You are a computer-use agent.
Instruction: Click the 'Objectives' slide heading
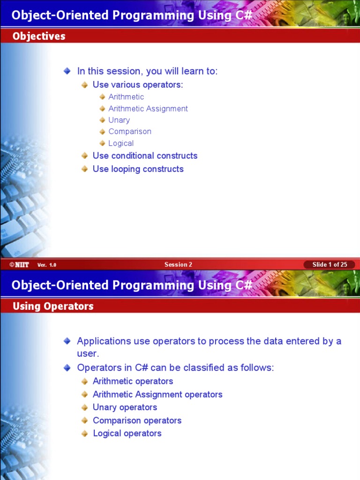39,36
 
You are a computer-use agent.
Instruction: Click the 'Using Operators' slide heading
53,306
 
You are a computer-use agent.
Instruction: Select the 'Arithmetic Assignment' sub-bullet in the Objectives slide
148,108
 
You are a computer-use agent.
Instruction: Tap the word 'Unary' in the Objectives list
119,120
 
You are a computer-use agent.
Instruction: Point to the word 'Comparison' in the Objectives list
130,132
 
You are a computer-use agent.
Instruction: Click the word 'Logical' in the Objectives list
121,143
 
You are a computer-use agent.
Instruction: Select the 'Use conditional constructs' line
145,156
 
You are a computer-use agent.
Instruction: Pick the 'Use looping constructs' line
138,169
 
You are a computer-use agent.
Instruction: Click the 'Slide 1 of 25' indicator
330,264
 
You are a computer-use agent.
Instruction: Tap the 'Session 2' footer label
178,264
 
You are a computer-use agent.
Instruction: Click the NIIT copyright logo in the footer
19,265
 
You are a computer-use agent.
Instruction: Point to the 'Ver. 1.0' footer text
47,265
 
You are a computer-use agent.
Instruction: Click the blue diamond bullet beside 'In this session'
67,71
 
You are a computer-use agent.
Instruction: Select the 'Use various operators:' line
138,85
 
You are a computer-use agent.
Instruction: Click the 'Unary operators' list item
125,407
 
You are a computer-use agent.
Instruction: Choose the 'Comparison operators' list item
137,420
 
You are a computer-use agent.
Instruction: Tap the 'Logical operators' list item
127,434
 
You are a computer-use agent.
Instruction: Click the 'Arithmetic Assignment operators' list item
157,394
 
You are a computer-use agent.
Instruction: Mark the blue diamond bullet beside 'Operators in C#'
67,368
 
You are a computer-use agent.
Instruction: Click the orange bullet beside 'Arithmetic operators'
84,382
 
